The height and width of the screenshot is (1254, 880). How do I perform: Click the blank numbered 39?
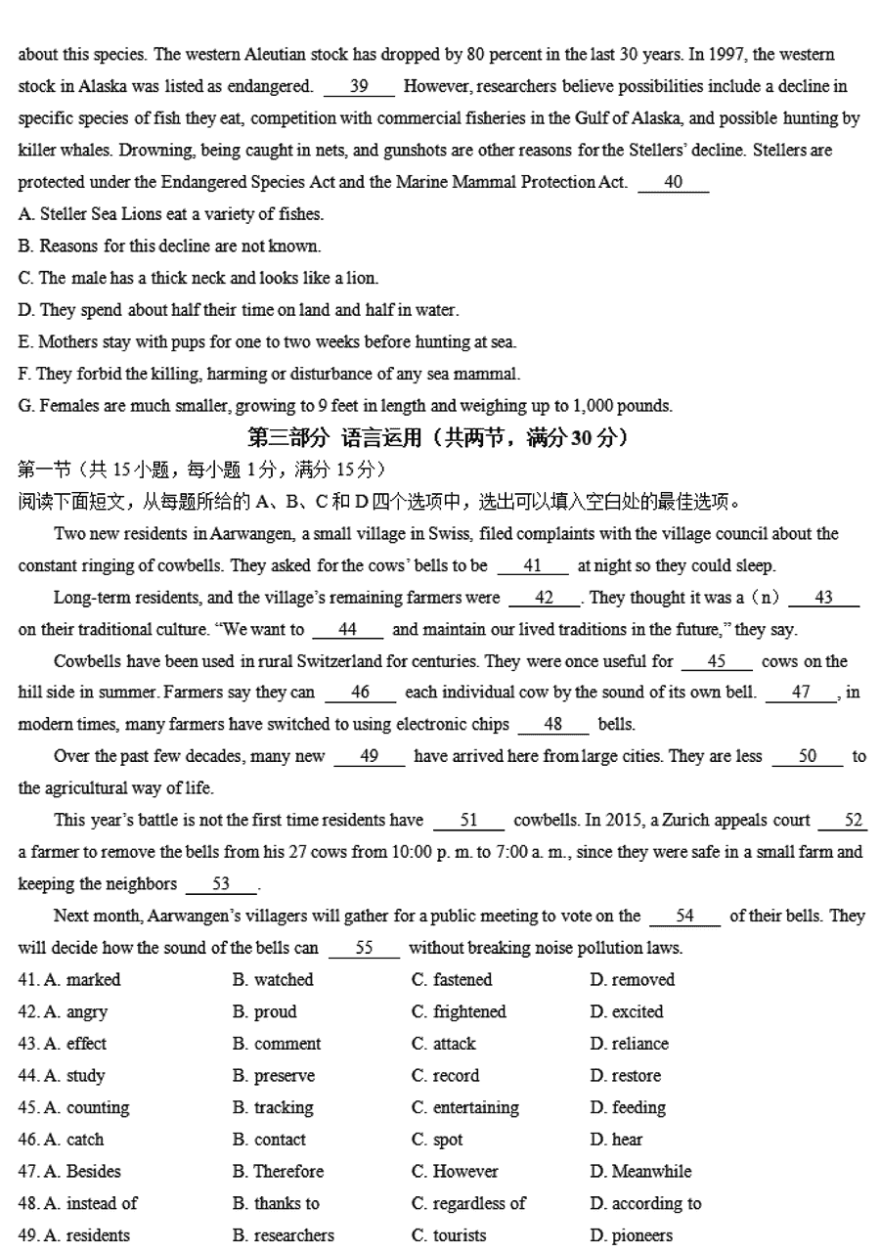(359, 86)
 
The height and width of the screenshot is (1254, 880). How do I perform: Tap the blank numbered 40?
(673, 182)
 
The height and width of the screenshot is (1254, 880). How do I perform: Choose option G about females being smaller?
(345, 405)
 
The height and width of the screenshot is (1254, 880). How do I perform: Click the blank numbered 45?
(717, 661)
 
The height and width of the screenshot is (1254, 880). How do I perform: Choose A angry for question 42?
(76, 1011)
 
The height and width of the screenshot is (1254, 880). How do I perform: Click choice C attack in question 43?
(444, 1044)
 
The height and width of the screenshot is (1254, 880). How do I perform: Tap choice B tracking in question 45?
(273, 1107)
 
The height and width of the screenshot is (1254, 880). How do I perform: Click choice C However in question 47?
(455, 1171)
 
